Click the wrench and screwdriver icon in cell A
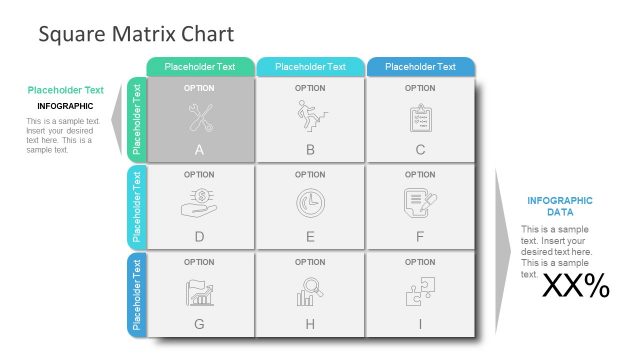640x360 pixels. (199, 118)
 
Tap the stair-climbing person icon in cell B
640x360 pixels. (309, 117)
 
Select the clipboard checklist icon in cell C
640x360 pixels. (420, 118)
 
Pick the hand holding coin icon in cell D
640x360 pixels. (199, 203)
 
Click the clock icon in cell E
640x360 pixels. (310, 203)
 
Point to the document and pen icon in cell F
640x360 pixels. (419, 203)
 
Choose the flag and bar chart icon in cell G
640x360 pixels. (199, 291)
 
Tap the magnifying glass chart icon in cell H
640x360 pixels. (309, 291)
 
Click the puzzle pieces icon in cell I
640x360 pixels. (419, 291)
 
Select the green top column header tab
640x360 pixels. (200, 67)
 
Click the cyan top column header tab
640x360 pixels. (310, 67)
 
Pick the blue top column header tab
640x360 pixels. (420, 67)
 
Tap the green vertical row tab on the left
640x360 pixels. (138, 119)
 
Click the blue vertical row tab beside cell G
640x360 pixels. (138, 295)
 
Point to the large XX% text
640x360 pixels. (575, 287)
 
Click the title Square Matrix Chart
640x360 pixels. (136, 34)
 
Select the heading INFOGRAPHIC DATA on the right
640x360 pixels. (559, 206)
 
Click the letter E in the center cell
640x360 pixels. (310, 237)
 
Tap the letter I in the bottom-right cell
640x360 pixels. (420, 324)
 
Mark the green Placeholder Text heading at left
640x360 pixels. (65, 90)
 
